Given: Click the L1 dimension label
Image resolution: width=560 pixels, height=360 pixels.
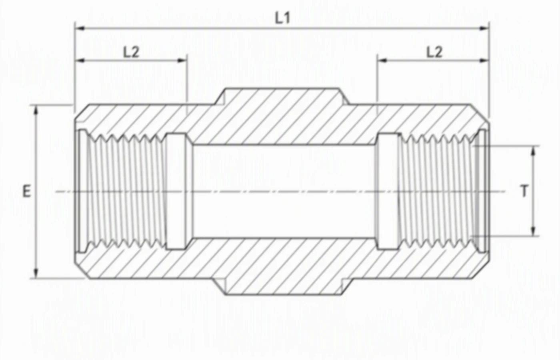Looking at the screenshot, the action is pos(282,18).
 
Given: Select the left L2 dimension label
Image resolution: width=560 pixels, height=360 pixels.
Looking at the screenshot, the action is pos(131,52).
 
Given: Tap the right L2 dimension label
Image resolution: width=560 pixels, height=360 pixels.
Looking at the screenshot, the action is pos(434,52).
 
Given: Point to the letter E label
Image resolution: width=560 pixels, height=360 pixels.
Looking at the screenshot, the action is pos(26,191).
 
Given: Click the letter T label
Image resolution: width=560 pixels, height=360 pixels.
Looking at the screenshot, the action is pos(525,191).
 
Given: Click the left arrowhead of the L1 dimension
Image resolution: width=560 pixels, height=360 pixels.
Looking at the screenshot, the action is pos(80,28).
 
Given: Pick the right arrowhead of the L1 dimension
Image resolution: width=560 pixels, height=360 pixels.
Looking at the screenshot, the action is pos(484,28).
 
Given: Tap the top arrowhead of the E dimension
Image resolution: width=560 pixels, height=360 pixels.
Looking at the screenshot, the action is pos(36,110).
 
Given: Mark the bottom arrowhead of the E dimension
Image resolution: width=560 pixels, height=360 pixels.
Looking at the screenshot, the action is pos(36,273).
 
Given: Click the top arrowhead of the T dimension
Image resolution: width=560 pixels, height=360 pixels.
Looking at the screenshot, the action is pos(533,151).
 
